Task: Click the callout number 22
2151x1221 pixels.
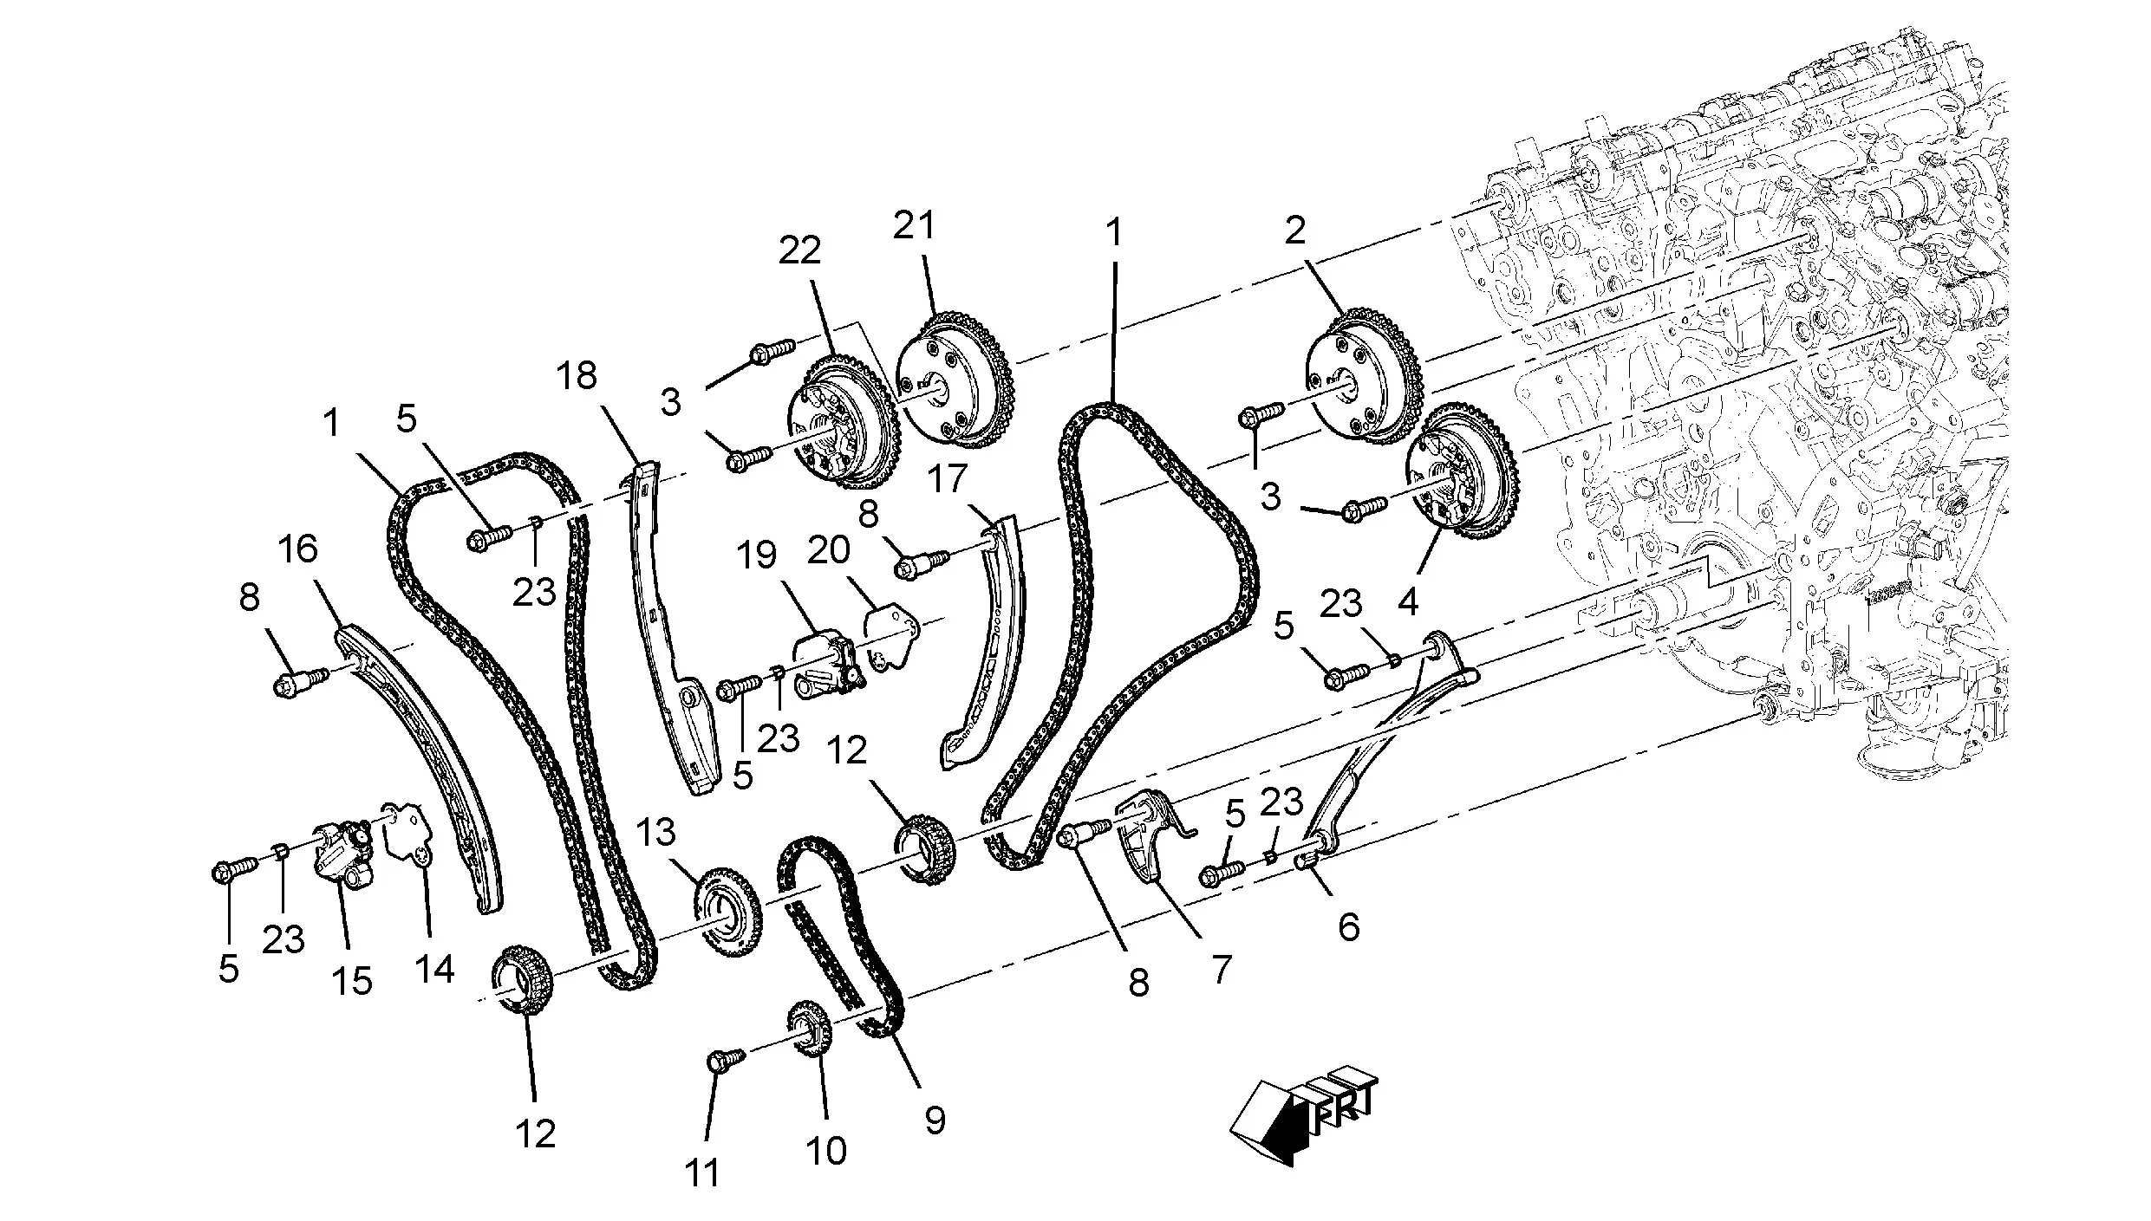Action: (798, 250)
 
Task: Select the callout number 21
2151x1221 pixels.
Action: (915, 225)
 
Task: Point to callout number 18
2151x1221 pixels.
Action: (577, 376)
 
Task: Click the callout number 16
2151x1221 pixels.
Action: (298, 549)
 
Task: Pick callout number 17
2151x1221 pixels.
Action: (947, 478)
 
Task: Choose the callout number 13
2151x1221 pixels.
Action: (655, 833)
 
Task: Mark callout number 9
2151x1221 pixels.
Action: (934, 1120)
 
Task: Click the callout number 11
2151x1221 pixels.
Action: (702, 1173)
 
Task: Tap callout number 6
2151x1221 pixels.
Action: (1348, 927)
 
